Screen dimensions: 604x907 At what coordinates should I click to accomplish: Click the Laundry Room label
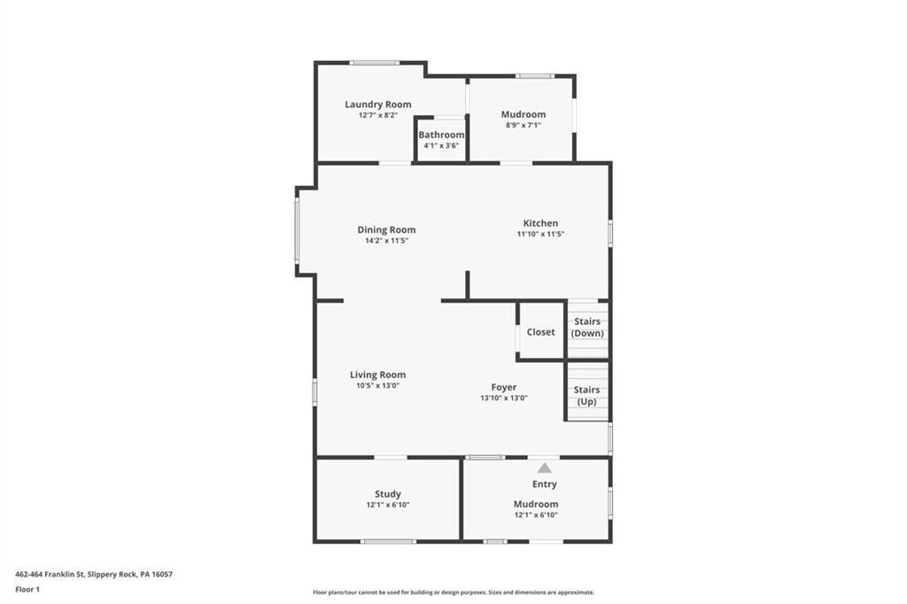click(378, 105)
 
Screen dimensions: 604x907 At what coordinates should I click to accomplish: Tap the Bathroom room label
click(441, 135)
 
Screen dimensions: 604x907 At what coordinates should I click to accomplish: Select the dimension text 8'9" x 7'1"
click(523, 125)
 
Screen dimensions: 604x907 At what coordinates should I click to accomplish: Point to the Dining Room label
click(386, 230)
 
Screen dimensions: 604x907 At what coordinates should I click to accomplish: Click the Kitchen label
click(540, 223)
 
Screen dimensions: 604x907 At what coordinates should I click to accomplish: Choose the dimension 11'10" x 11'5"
click(540, 234)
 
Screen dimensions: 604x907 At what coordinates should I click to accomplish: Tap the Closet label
click(540, 332)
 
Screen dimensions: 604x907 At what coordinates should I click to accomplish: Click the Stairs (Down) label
click(587, 328)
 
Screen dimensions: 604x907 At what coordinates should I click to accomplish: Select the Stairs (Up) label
click(586, 395)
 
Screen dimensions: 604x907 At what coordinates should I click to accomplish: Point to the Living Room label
click(377, 375)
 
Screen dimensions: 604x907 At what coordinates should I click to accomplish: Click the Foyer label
click(504, 387)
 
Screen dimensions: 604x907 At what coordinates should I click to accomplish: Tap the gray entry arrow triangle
click(544, 468)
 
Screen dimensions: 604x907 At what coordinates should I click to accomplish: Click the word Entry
click(544, 484)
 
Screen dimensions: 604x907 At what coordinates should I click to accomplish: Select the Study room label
click(387, 494)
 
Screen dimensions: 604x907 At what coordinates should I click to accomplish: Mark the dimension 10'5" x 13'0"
click(377, 385)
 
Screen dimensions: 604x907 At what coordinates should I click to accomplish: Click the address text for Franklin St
click(94, 574)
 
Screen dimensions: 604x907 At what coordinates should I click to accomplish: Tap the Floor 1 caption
click(27, 589)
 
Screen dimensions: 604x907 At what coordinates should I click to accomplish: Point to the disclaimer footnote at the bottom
click(453, 592)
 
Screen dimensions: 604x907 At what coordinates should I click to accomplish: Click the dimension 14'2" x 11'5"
click(386, 241)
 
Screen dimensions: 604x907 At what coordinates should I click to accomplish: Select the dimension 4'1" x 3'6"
click(441, 145)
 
